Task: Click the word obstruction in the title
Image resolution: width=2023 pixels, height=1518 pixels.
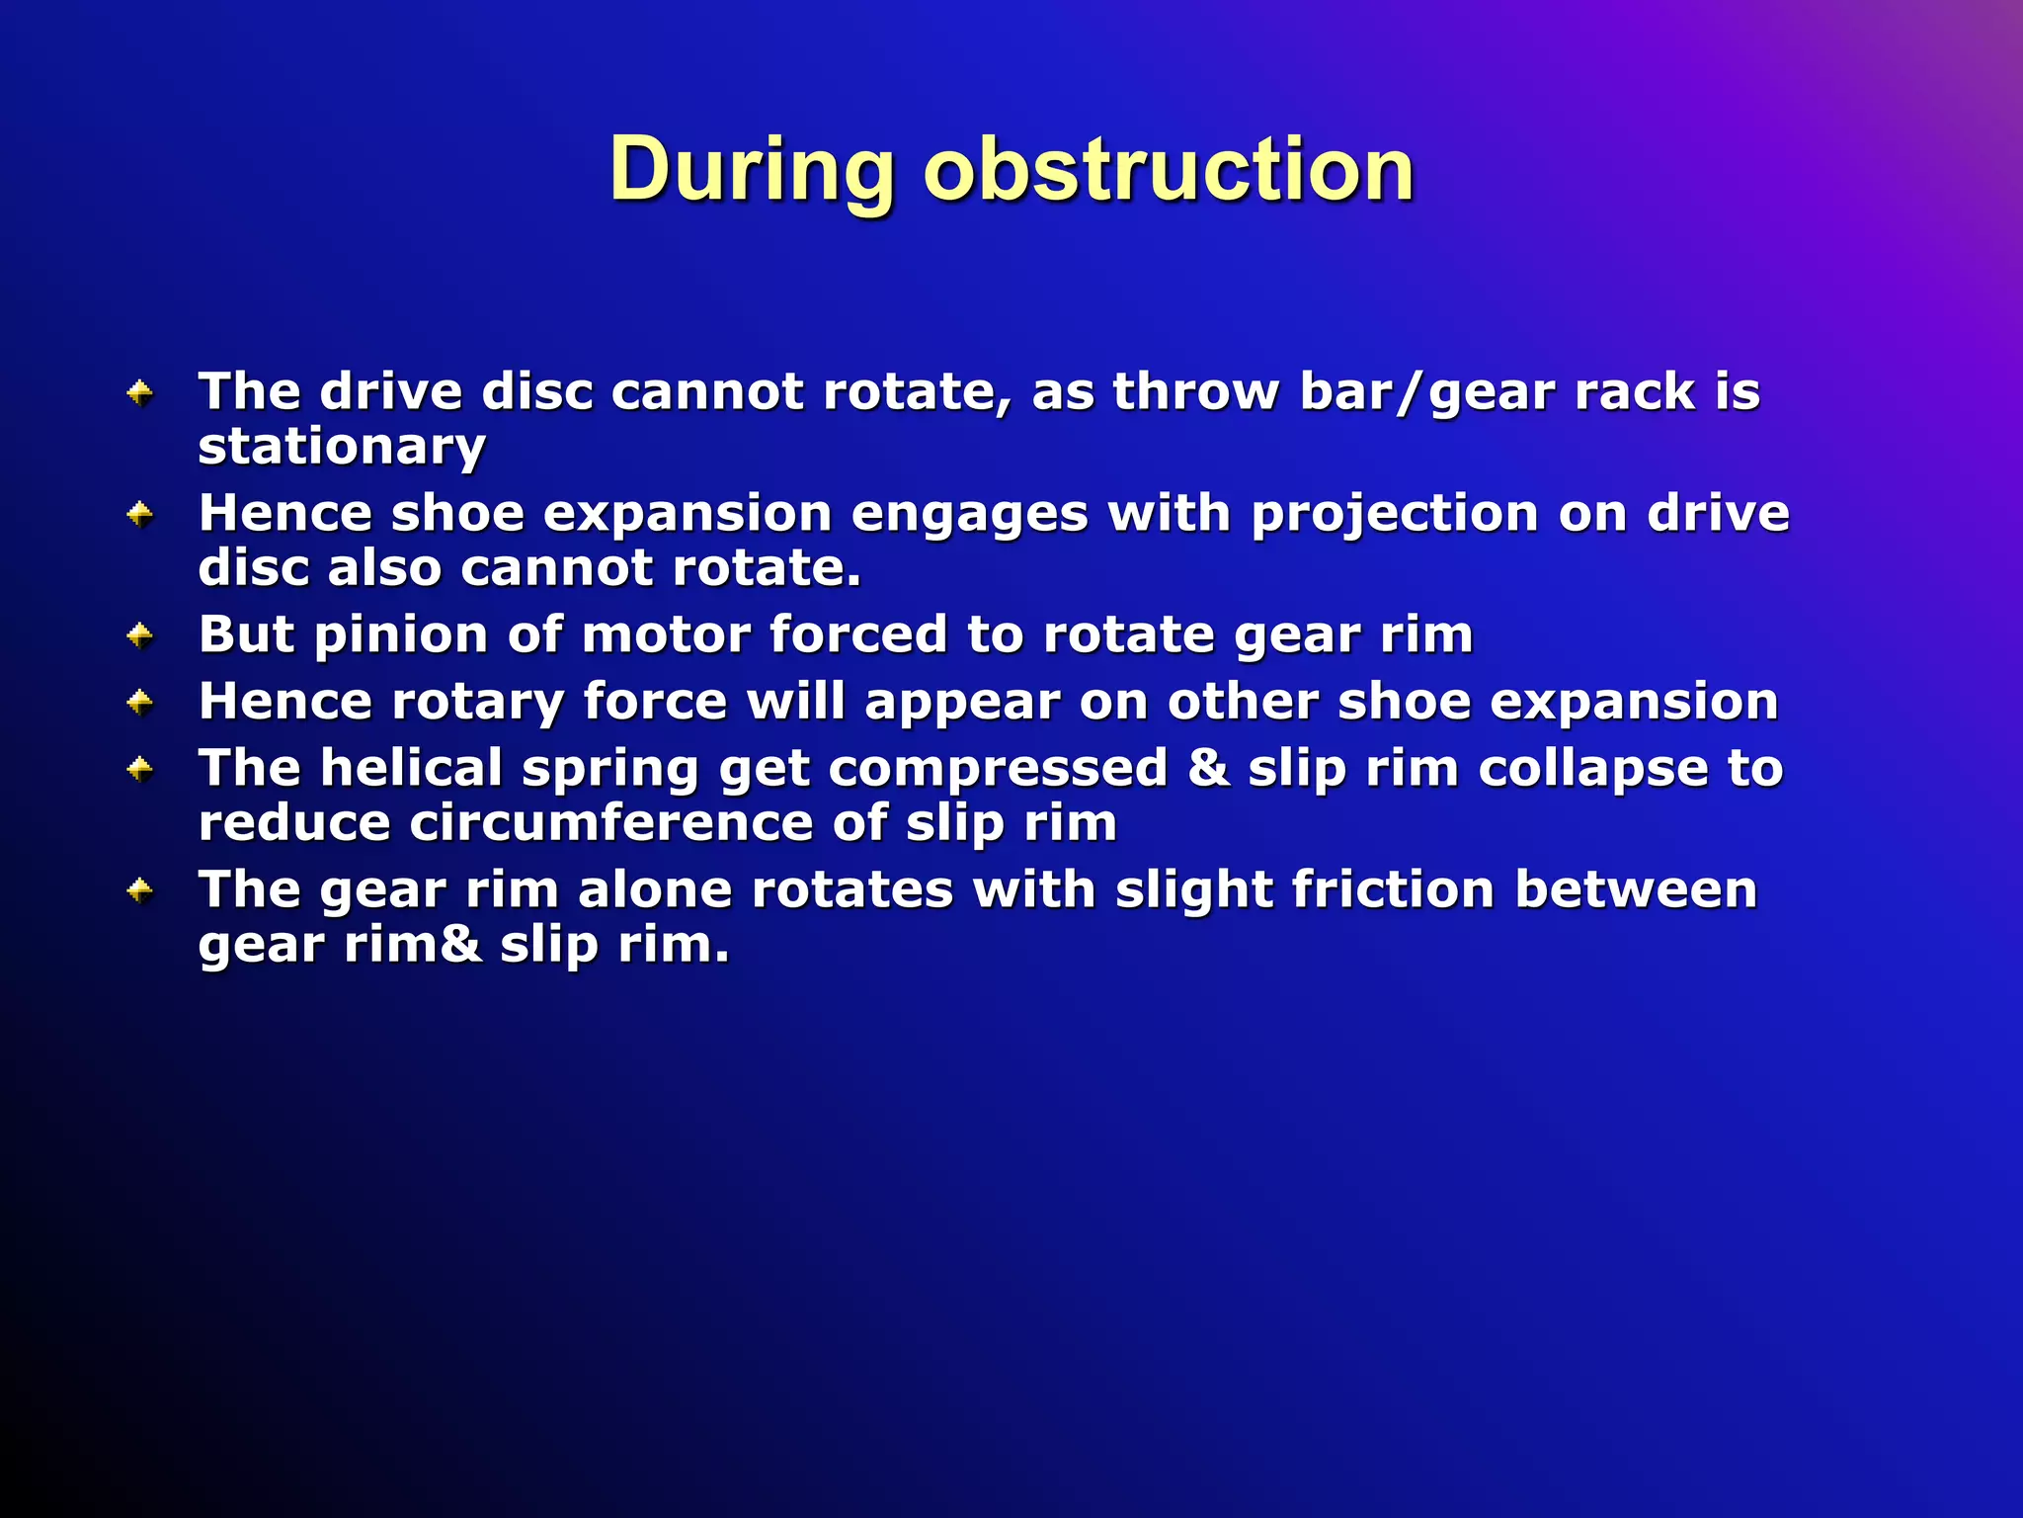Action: coord(1169,170)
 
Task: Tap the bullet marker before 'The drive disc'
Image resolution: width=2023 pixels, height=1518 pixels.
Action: coord(140,393)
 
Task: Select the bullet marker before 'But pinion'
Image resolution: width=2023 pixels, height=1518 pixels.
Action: coord(140,635)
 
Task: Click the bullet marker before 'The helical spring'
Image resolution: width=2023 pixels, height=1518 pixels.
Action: coord(140,769)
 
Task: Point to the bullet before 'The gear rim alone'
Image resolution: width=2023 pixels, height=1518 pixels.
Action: coord(140,891)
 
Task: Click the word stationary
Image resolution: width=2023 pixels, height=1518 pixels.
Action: coord(342,448)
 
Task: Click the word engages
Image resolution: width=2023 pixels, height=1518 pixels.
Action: coord(969,515)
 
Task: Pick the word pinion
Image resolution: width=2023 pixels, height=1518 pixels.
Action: coord(401,635)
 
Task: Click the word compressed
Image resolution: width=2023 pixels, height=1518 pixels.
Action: coord(998,769)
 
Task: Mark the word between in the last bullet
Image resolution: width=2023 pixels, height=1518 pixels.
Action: coord(1636,889)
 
